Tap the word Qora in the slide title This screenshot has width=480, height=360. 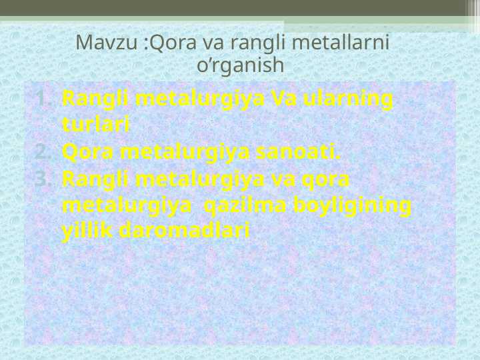pyautogui.click(x=169, y=43)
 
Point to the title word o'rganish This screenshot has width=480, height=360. pyautogui.click(x=241, y=66)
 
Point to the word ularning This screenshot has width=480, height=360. pyautogui.click(x=347, y=99)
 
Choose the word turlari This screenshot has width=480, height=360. pyautogui.click(x=95, y=125)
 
